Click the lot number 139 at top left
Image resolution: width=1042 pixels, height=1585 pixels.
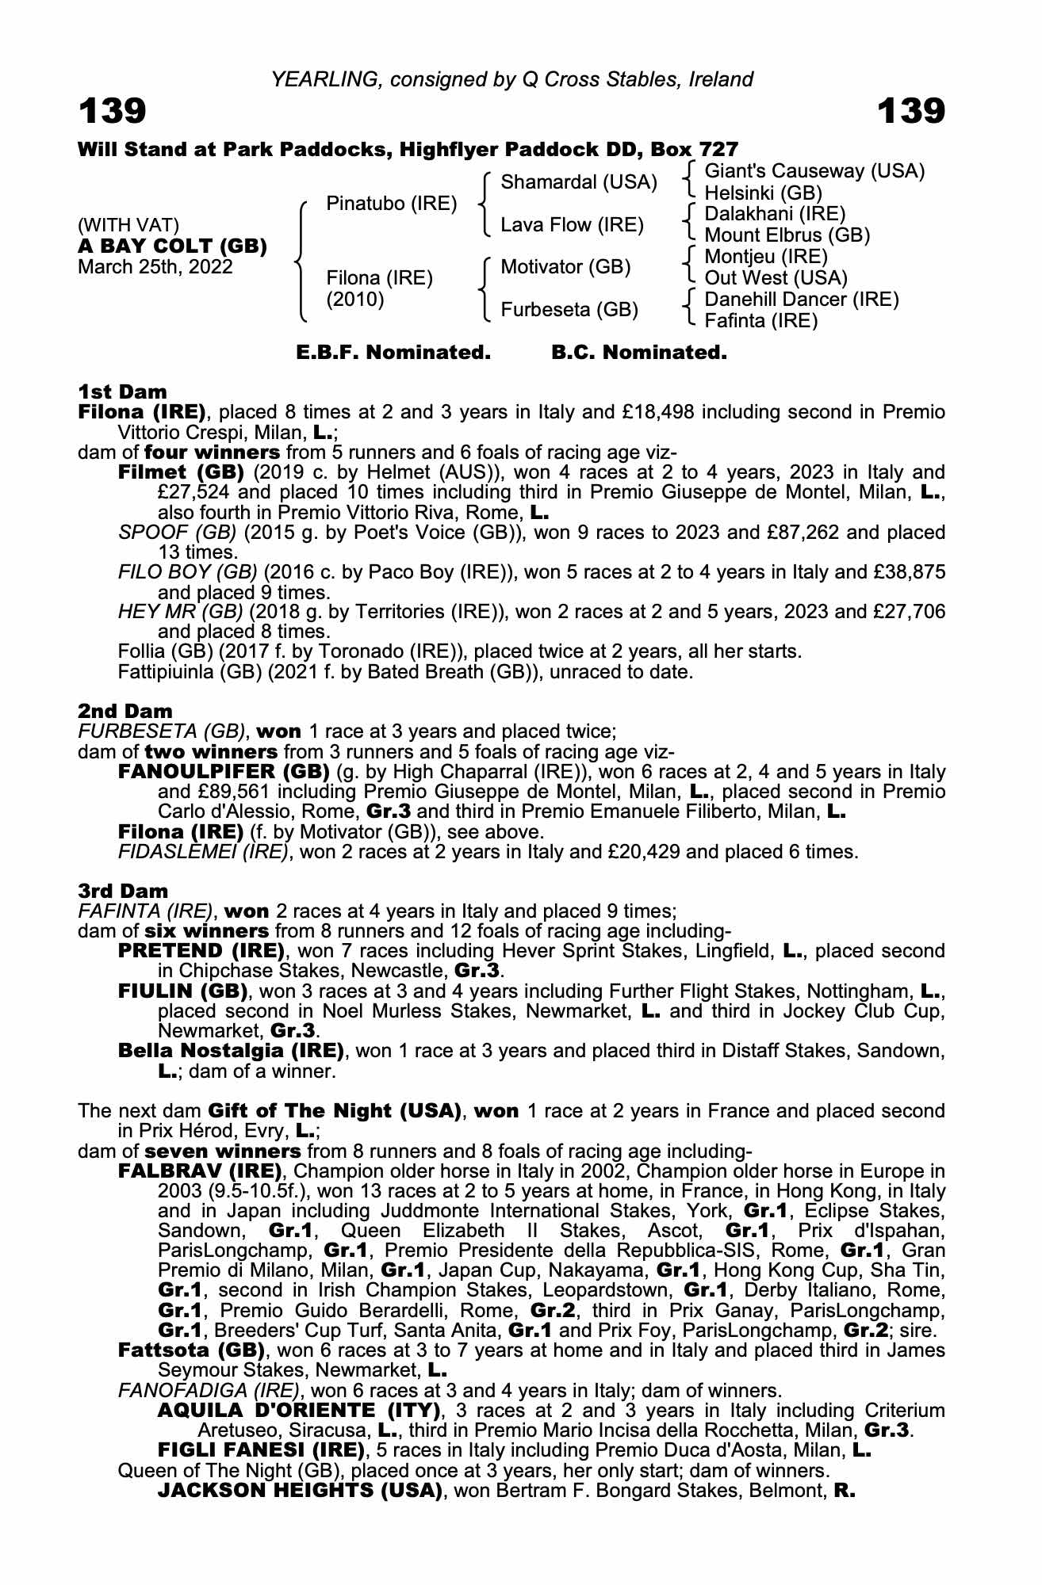(112, 112)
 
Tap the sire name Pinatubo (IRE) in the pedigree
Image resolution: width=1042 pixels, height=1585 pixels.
(392, 204)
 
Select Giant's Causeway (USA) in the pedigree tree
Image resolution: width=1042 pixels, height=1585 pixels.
(814, 171)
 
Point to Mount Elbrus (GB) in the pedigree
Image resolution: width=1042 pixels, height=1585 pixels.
(787, 235)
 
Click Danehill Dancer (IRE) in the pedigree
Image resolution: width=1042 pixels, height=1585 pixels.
(801, 300)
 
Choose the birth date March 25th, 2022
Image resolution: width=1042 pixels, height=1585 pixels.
(155, 267)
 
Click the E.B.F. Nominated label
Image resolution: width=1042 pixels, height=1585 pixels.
(393, 353)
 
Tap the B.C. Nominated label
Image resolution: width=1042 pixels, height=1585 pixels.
(639, 353)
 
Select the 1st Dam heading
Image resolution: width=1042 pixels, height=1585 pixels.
(122, 392)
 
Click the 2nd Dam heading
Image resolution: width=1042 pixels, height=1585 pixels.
(125, 711)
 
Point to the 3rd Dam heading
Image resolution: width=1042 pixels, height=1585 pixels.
(123, 891)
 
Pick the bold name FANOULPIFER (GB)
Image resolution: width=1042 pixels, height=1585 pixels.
(224, 772)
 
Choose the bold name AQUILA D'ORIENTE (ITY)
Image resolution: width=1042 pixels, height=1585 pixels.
(299, 1411)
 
